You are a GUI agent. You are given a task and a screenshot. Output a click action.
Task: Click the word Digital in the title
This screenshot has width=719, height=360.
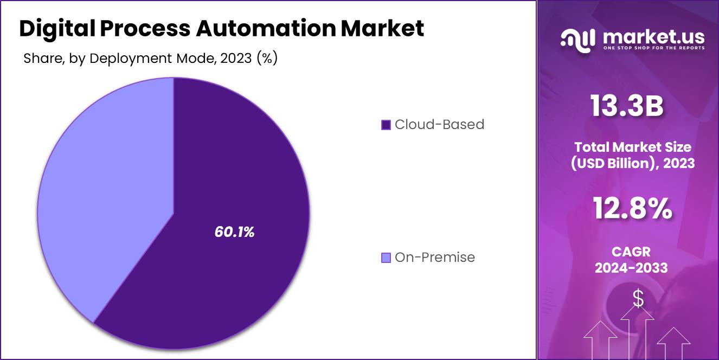point(56,29)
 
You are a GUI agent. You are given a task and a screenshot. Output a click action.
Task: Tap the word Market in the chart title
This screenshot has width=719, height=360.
point(382,29)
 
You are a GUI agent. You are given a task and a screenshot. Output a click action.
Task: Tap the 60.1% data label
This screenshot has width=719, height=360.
point(234,232)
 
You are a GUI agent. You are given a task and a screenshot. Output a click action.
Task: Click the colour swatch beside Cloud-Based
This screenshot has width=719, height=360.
point(386,125)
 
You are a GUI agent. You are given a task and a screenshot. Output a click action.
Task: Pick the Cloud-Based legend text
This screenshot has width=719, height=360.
point(439,125)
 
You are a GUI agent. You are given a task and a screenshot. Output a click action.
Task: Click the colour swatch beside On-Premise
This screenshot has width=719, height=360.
point(386,258)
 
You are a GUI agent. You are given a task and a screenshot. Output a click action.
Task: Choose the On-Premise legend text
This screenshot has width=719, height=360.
point(435,258)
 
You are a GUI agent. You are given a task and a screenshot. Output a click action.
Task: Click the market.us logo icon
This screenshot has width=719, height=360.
point(579,40)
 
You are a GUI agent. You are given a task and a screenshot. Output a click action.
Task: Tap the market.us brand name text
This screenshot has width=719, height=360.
point(653,37)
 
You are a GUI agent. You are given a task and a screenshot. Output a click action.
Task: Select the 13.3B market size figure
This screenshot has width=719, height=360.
point(627,107)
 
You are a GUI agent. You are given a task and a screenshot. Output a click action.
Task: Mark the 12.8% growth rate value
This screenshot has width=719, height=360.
point(632,208)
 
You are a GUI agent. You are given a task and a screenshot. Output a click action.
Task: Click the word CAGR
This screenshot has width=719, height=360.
point(631,252)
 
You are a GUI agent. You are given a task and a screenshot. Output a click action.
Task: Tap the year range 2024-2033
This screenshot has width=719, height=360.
point(631,267)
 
